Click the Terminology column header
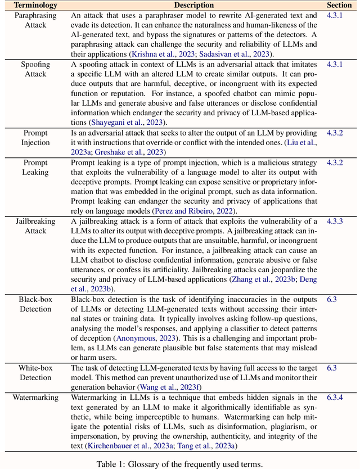pos(35,5)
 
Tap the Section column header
pos(339,5)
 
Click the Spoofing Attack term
pos(35,69)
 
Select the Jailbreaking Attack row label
pos(35,227)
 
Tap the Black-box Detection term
pos(35,304)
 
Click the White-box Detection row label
pos(35,372)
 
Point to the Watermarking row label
pos(35,398)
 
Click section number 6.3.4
pos(335,398)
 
